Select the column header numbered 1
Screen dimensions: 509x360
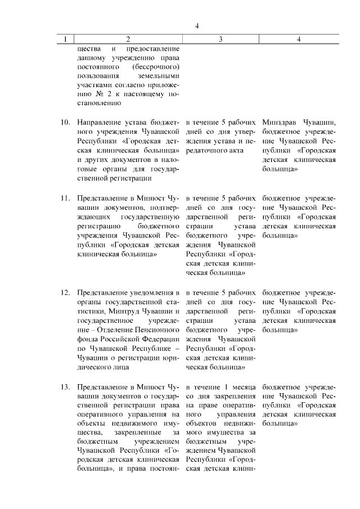(66, 39)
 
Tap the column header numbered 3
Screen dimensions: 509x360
(220, 39)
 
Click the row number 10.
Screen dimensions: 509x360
(65, 123)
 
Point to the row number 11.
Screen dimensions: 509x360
(65, 199)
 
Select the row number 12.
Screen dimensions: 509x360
(65, 293)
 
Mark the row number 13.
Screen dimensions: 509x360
(65, 388)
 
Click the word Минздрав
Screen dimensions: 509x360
(283, 123)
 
